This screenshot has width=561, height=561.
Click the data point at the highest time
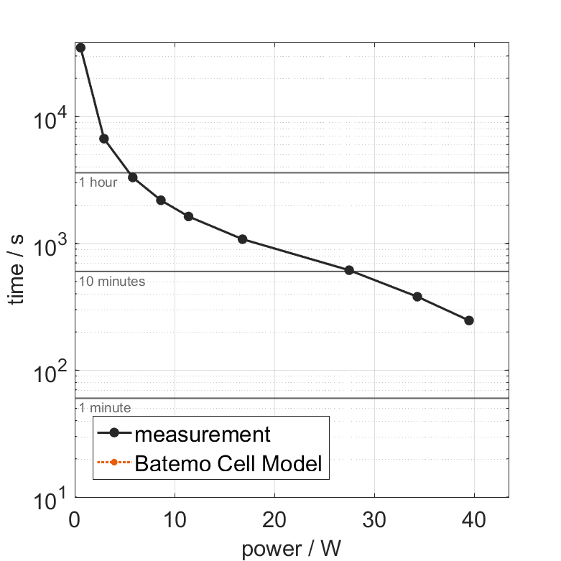coord(80,47)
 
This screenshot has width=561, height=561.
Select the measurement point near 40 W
coord(469,320)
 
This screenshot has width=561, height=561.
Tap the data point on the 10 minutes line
coord(349,270)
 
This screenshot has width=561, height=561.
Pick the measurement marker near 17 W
coord(242,239)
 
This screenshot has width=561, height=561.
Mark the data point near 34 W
coord(417,297)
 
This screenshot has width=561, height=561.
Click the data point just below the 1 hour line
coord(133,177)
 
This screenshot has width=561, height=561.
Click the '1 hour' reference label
coord(98,182)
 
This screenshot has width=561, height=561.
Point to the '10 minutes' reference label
coord(112,282)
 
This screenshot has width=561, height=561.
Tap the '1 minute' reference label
coord(105,408)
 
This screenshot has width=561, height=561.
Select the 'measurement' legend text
coord(203,434)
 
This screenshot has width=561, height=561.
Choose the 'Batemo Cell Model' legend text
coord(228,463)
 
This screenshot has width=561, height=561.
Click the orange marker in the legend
coord(113,464)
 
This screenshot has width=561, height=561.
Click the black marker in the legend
coord(113,435)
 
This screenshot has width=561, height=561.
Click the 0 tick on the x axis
coord(75,518)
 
